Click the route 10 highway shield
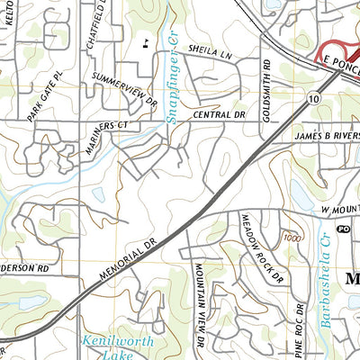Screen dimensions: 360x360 point(310,95)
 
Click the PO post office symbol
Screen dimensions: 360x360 point(343,230)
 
